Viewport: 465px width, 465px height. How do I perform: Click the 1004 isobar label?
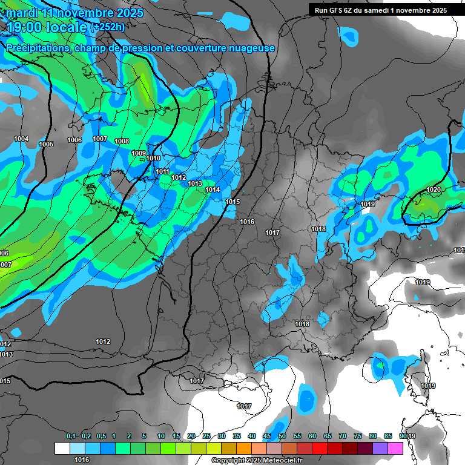21,139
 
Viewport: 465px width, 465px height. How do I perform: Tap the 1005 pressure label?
46,144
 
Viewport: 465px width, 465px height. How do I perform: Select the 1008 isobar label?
122,141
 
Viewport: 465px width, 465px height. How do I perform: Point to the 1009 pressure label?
139,153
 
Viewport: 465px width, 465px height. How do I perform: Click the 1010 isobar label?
153,159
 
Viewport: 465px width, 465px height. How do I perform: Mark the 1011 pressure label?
162,171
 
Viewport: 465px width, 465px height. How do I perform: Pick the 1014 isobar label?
213,190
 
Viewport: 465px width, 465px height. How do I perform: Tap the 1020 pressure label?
434,190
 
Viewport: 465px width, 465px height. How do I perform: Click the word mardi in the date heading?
22,13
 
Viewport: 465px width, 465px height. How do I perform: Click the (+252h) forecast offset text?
108,27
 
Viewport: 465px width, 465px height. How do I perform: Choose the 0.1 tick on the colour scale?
71,436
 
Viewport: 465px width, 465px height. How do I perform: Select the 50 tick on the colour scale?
282,436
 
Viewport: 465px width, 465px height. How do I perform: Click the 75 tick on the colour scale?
358,436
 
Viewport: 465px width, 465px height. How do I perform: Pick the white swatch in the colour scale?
62,448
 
